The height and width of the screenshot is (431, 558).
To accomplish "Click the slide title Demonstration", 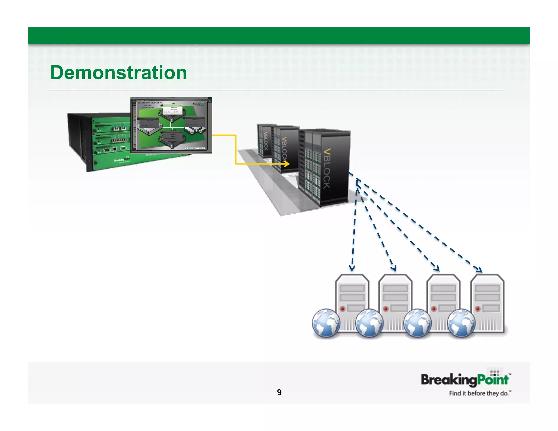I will point(119,73).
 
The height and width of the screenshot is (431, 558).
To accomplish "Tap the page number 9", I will point(279,392).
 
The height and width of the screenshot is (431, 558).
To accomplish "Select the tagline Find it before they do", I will point(480,393).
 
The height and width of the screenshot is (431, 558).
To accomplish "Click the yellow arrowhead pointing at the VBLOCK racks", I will point(287,164).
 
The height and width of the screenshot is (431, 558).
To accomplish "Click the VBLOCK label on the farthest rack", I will point(266,141).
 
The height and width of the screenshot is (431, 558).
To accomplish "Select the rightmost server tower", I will point(487,302).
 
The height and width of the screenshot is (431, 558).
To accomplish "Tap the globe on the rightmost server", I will point(461,323).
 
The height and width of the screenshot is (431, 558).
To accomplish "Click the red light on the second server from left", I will point(386,309).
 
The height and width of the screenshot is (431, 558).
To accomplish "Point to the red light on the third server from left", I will point(434,309).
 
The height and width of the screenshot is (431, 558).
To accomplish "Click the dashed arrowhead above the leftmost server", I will point(352,268).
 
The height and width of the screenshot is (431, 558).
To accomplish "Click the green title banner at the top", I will point(279,35).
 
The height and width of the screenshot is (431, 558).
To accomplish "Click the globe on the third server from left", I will point(417,323).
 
